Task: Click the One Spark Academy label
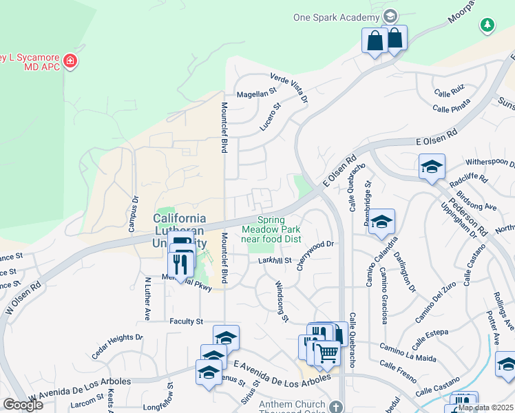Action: coord(337,17)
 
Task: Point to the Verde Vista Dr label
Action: coord(289,88)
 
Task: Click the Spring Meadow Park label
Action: coord(271,229)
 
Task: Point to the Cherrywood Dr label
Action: coord(315,255)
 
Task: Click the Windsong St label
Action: coord(281,300)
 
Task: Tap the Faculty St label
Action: coord(187,321)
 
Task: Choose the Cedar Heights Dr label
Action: coord(117,342)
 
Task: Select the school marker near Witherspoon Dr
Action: coord(432,167)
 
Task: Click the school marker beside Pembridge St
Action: coord(381,222)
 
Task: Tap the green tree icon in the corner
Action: coord(487,25)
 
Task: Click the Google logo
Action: coord(23,404)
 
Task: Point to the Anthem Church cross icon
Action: coord(335,406)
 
